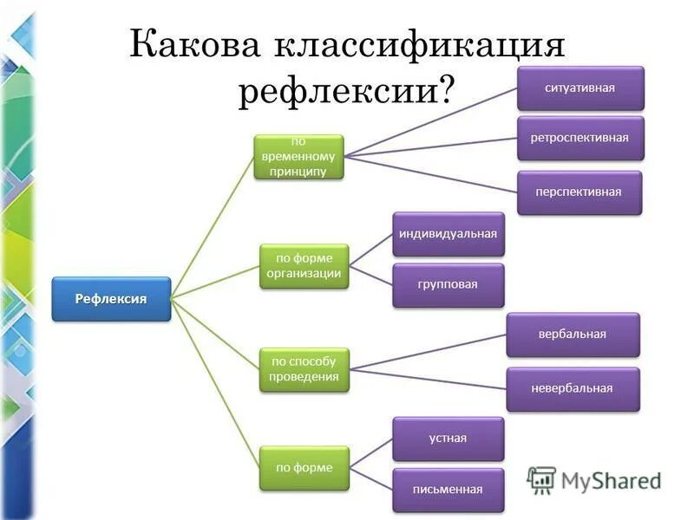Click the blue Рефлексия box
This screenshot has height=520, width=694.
111,299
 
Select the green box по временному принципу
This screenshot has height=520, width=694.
298,156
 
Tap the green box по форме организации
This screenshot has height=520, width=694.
304,266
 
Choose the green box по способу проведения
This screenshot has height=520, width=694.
304,369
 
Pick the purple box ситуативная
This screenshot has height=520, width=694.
580,88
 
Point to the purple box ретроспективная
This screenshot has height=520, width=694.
580,138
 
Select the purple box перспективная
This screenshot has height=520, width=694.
580,192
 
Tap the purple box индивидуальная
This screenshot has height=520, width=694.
448,234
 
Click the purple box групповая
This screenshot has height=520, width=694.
448,284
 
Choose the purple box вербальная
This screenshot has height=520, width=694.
573,335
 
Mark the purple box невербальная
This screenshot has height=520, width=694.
573,388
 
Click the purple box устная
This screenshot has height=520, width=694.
448,438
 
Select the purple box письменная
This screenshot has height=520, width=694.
448,489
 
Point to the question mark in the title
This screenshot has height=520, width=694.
448,89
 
